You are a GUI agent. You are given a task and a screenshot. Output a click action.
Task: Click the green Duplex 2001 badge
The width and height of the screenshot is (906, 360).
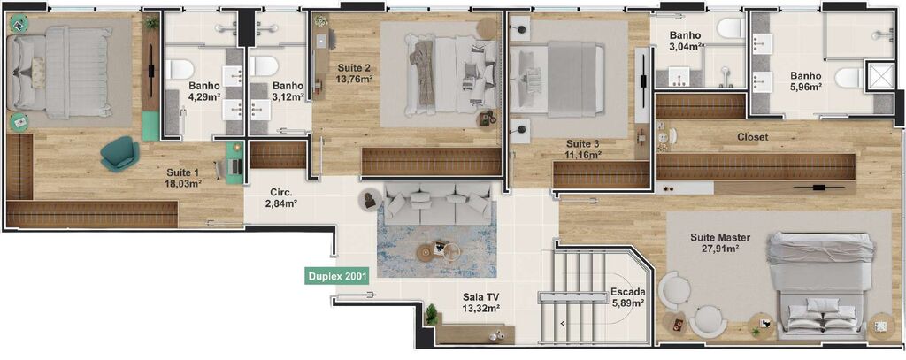[x=338, y=276]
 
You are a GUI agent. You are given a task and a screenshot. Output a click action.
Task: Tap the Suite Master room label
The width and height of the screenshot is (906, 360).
[x=720, y=237]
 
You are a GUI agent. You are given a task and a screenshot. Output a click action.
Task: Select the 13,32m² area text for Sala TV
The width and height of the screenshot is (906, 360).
[x=481, y=309]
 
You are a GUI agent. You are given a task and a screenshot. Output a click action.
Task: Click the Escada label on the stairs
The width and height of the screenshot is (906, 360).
[x=626, y=291]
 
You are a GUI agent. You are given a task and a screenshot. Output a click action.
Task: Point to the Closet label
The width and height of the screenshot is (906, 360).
[x=752, y=137]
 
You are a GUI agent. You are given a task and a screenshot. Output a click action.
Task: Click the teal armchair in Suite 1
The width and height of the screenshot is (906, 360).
[x=119, y=154]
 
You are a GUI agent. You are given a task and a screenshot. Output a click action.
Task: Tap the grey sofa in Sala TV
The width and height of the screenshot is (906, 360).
[x=436, y=203]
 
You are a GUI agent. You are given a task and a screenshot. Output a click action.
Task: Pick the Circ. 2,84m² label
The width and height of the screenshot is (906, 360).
[x=280, y=196]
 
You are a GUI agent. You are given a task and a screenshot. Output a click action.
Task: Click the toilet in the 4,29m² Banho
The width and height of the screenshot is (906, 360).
[x=180, y=67]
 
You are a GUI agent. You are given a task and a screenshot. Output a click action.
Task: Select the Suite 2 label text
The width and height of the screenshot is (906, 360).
[x=354, y=67]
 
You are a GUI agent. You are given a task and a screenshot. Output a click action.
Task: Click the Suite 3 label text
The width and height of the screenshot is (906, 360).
[x=583, y=143]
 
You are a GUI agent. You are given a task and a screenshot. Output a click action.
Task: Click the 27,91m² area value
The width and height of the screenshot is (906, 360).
[x=720, y=249]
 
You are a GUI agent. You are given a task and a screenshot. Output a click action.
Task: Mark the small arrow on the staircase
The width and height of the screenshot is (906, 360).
[x=562, y=324]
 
